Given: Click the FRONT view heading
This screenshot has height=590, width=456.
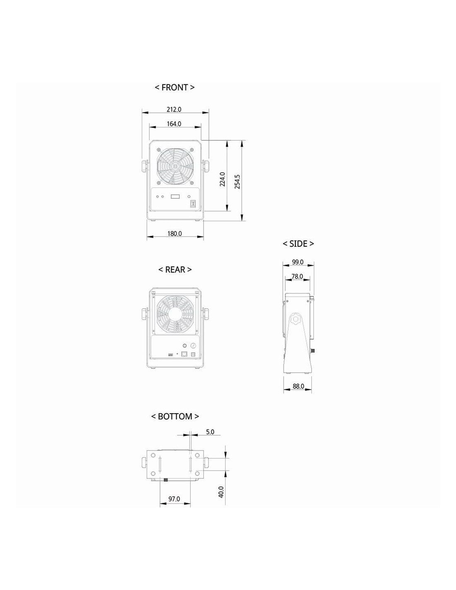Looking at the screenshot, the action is click(x=175, y=88).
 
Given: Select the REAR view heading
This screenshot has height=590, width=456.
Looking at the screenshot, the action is click(x=175, y=270).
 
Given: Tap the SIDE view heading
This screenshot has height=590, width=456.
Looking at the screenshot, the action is click(x=298, y=244).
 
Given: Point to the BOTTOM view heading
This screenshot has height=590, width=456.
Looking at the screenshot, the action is click(x=175, y=416).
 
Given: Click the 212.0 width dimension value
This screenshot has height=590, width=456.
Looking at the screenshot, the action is click(x=174, y=110).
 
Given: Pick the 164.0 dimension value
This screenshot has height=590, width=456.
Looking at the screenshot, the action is click(x=174, y=124).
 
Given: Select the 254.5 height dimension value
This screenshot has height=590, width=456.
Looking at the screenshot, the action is click(x=237, y=182).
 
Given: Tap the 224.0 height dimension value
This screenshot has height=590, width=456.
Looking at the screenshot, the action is click(x=223, y=179).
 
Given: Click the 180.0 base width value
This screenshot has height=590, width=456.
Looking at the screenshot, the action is click(x=175, y=234).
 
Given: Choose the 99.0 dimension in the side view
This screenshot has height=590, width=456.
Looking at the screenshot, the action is click(x=298, y=262).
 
